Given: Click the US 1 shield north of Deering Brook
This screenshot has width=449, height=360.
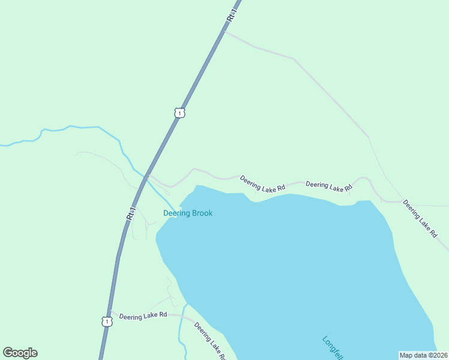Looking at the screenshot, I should point(179,113).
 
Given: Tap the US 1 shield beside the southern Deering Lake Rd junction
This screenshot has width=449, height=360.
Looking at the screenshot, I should point(106,322).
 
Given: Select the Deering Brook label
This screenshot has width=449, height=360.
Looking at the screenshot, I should point(188,213).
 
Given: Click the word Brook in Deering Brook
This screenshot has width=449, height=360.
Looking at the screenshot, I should point(202,213).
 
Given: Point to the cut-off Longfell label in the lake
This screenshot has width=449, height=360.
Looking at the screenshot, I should point(332,346).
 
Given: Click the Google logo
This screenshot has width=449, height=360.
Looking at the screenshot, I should point(20,353).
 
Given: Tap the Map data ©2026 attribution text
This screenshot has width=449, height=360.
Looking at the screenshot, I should point(423,355).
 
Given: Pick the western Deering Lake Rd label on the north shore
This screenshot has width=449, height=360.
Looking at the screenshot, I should point(262,184).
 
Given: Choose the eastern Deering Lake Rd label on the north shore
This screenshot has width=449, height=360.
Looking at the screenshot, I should point(328,187).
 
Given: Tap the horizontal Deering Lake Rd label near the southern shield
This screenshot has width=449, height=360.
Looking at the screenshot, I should point(143,316).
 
